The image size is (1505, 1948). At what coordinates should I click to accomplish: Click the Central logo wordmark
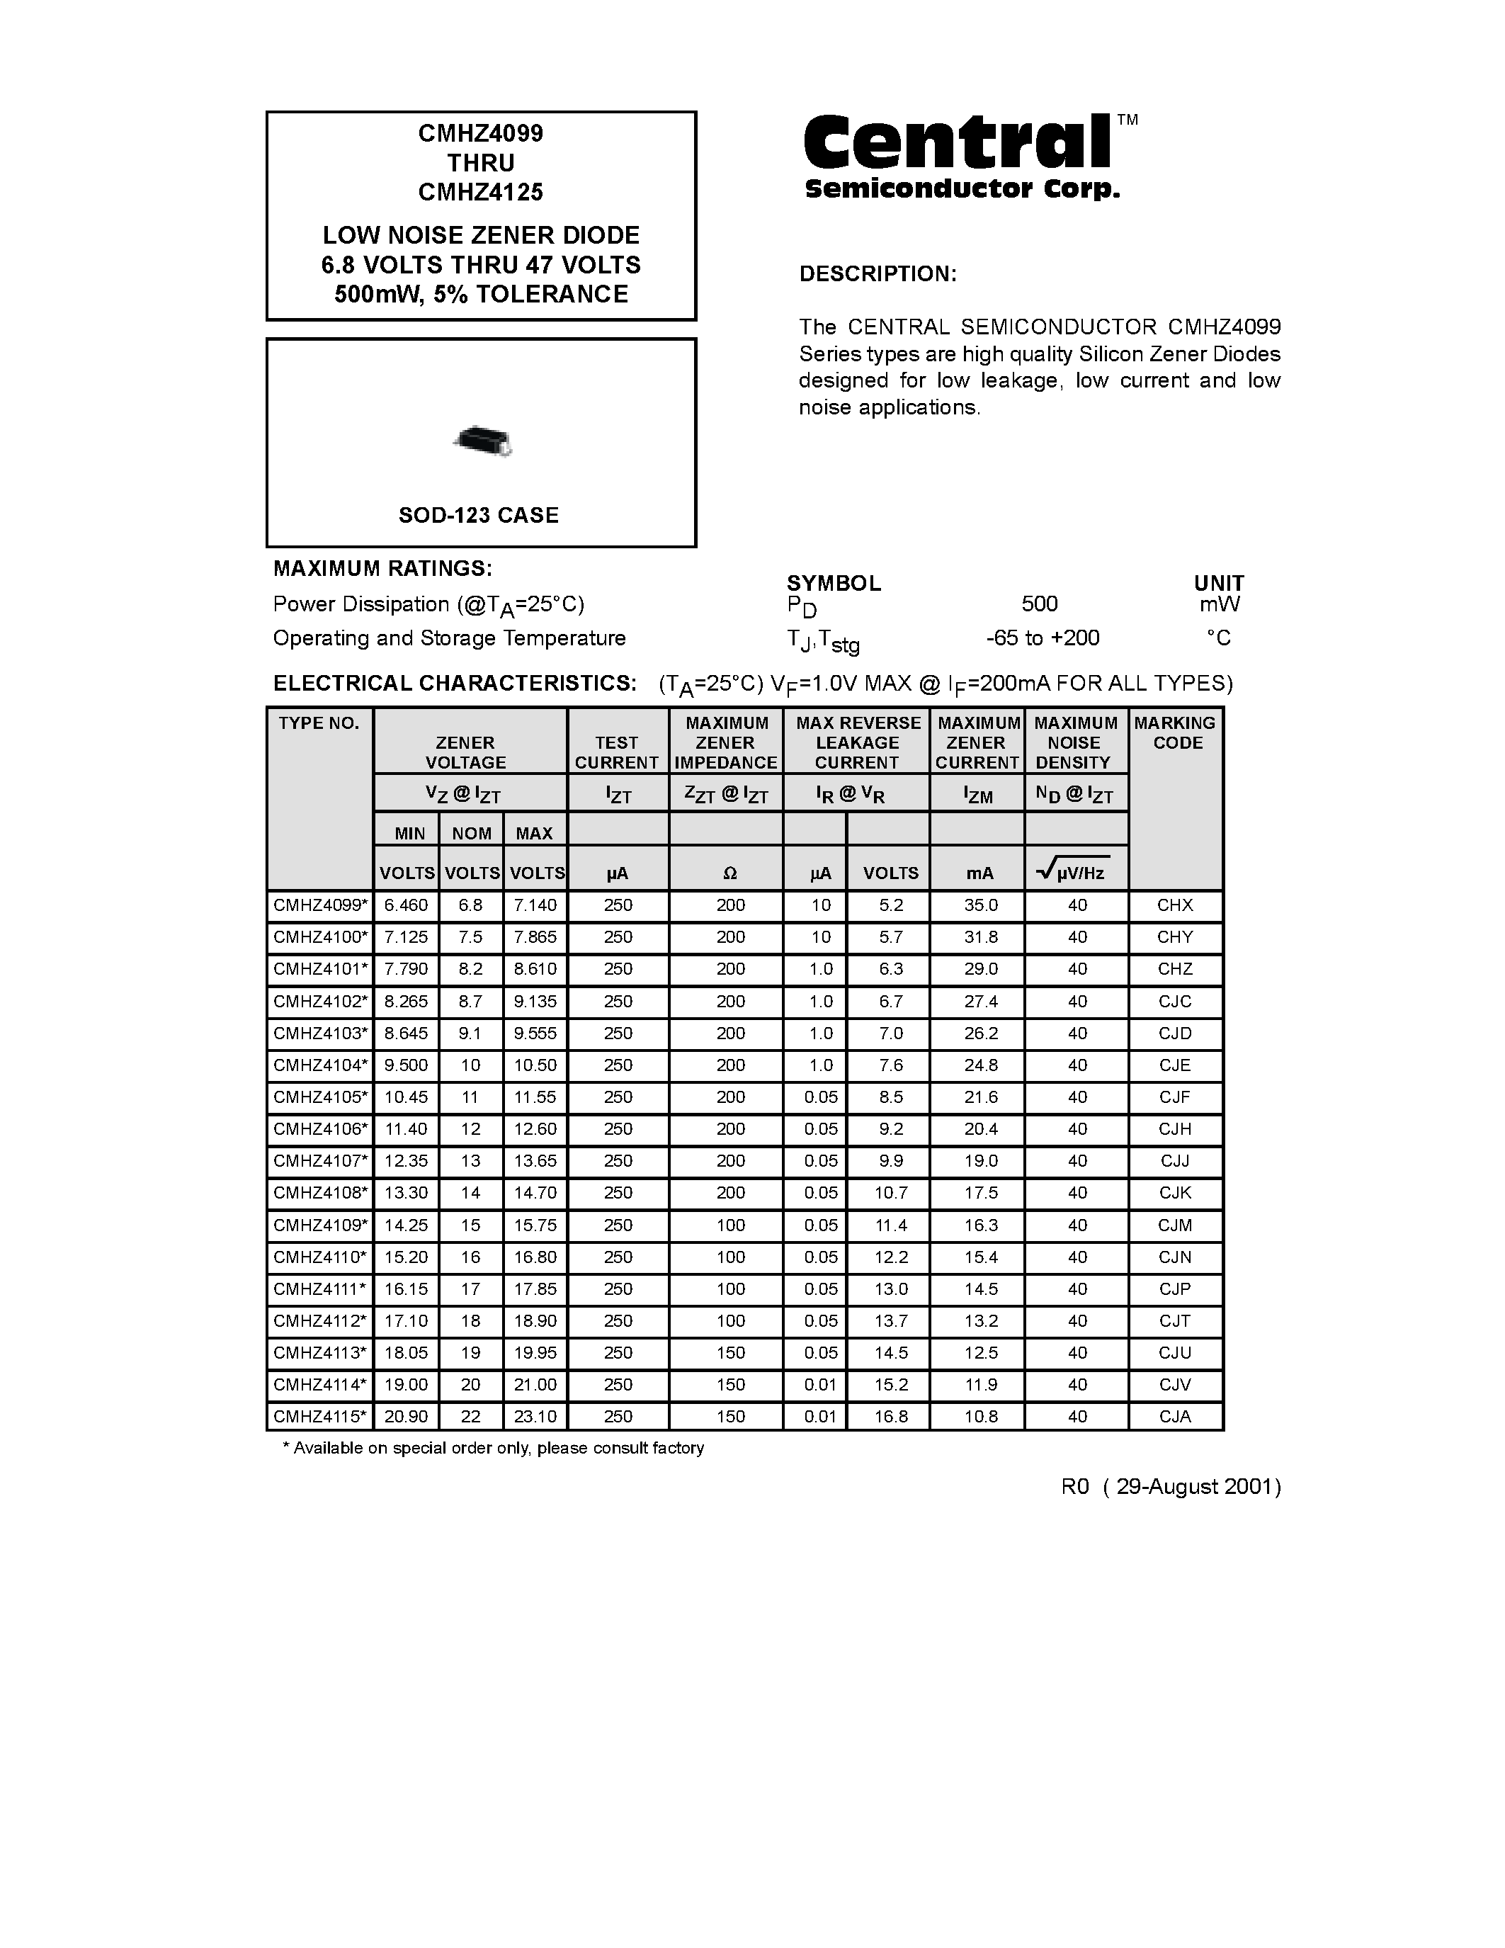[x=958, y=145]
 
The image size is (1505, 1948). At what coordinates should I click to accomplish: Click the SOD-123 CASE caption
[x=479, y=515]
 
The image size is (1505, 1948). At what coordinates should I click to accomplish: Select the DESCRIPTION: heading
[x=878, y=274]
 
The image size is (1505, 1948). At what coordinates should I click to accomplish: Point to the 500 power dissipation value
[x=1039, y=604]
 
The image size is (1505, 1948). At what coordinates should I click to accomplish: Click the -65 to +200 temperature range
[x=1043, y=638]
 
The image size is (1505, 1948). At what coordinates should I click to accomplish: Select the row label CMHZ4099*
[x=320, y=905]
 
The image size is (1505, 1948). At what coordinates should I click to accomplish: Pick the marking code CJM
[x=1174, y=1225]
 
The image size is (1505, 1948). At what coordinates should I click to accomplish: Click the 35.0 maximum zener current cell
[x=980, y=905]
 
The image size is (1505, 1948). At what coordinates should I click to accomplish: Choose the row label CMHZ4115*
[x=320, y=1417]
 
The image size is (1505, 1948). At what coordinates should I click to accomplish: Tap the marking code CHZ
[x=1174, y=968]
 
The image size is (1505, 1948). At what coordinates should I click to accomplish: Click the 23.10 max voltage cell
[x=535, y=1417]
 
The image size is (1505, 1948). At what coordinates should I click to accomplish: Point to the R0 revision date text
[x=1171, y=1487]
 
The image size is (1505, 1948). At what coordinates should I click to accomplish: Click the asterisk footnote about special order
[x=493, y=1449]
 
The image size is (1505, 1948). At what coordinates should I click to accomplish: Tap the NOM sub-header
[x=471, y=833]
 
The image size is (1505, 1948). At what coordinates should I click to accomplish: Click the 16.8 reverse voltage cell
[x=890, y=1417]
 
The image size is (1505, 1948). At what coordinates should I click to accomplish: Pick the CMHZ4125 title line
[x=481, y=192]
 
